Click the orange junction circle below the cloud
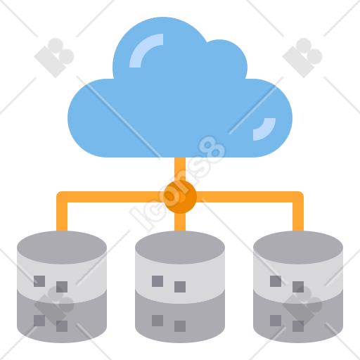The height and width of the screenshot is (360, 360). (x=180, y=197)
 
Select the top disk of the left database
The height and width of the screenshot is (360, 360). (x=62, y=247)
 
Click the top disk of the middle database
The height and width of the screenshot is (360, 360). (x=180, y=247)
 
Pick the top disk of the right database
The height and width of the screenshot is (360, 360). (x=298, y=247)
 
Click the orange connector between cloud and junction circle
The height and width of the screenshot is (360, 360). (x=180, y=169)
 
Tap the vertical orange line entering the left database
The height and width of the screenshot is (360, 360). (x=62, y=214)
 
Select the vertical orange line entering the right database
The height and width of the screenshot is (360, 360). (x=298, y=214)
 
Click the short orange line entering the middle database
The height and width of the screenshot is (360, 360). (x=180, y=221)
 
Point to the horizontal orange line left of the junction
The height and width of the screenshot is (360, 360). (x=110, y=197)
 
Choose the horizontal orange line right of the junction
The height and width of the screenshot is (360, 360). (x=250, y=197)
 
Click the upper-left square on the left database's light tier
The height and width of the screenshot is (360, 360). (x=39, y=281)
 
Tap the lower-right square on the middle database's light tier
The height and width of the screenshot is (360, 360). (x=180, y=287)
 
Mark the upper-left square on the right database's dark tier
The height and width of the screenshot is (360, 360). (x=276, y=321)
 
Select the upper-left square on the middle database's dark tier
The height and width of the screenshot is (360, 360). (x=157, y=321)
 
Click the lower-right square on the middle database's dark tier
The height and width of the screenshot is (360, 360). (x=180, y=326)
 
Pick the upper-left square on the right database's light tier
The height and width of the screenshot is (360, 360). (x=276, y=281)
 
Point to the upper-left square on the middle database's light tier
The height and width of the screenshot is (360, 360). (x=157, y=281)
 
